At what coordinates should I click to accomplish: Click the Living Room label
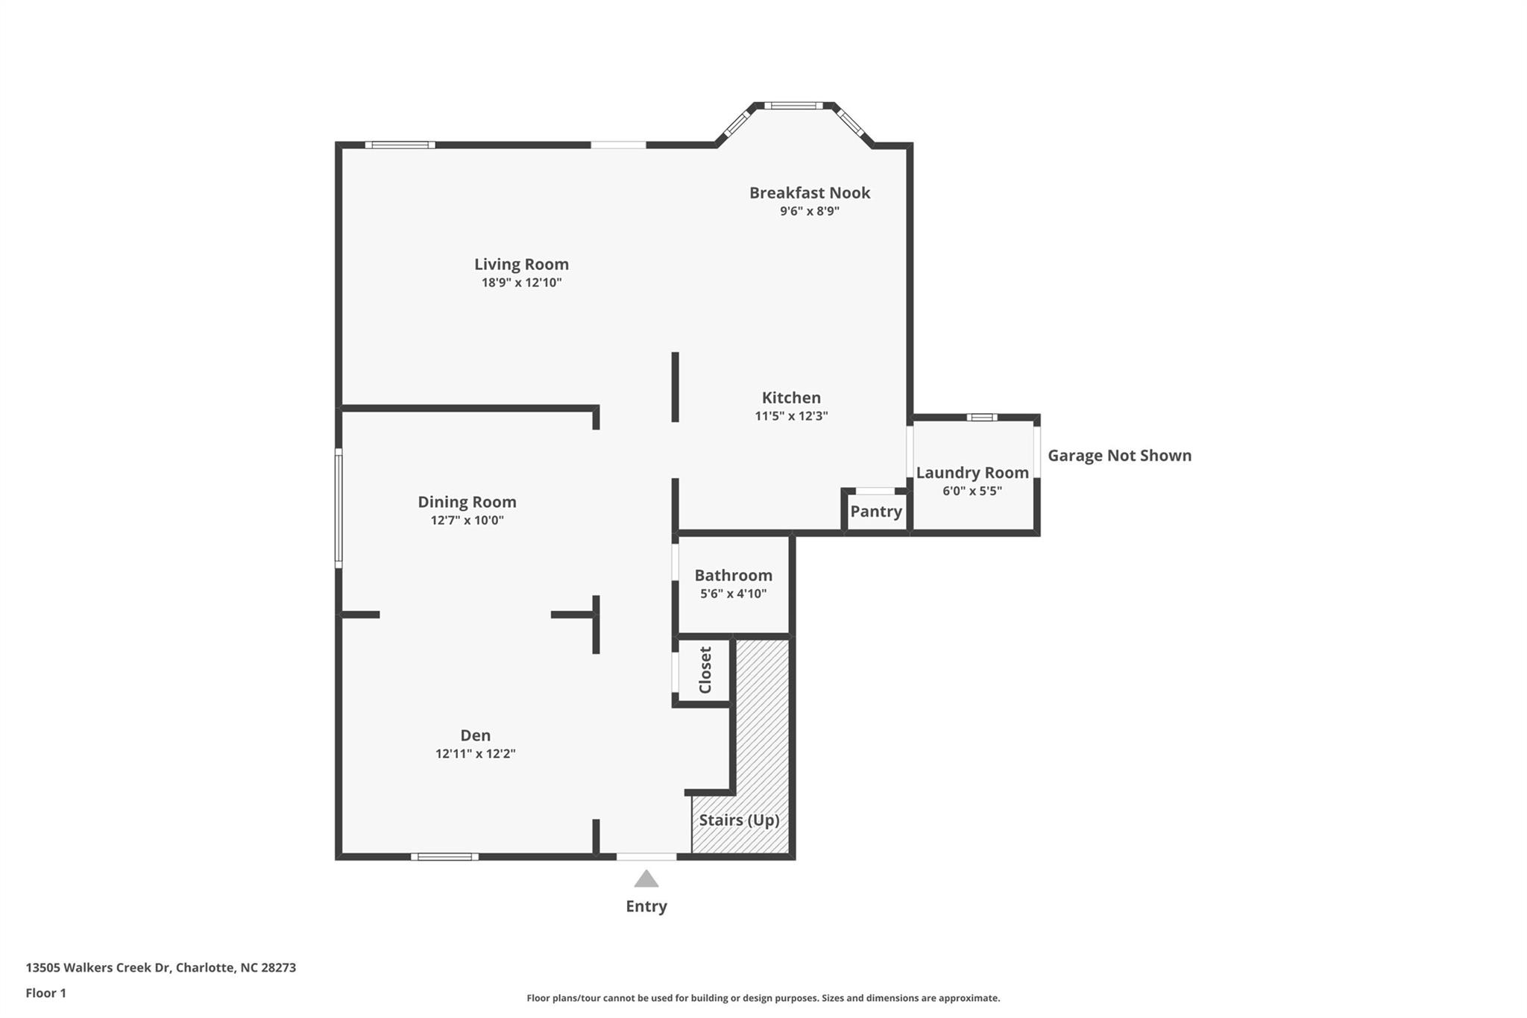click(x=521, y=264)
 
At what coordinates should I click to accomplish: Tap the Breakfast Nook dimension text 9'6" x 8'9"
click(x=810, y=211)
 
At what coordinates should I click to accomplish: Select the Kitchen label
click(x=791, y=398)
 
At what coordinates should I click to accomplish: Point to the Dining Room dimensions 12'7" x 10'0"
click(x=467, y=520)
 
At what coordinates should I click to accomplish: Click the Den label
click(x=476, y=735)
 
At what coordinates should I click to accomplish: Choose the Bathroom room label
click(x=734, y=575)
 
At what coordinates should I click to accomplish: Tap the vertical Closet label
click(x=705, y=670)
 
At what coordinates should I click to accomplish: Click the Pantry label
click(x=876, y=512)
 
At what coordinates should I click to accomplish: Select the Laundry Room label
click(x=972, y=473)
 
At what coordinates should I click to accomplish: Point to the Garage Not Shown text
click(x=1120, y=455)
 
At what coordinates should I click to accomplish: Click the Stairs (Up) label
click(x=739, y=820)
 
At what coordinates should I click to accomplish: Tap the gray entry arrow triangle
click(x=646, y=879)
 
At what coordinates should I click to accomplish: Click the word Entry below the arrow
click(x=646, y=906)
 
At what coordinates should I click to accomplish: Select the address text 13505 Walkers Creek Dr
click(x=98, y=968)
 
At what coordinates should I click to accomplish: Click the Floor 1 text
click(x=46, y=993)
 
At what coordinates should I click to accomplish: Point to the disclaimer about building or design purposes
click(x=763, y=998)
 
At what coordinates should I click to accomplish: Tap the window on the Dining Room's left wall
click(x=339, y=508)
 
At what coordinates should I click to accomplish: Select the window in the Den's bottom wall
click(x=444, y=857)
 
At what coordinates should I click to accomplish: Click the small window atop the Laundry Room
click(x=982, y=418)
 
